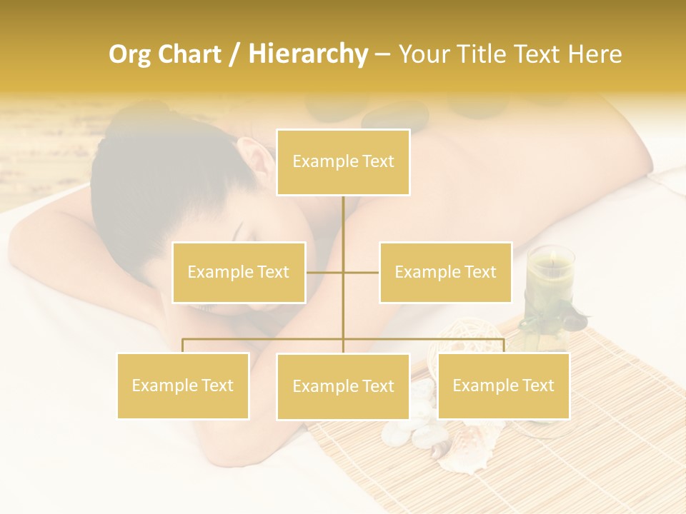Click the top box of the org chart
[x=343, y=162]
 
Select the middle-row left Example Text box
[x=239, y=273]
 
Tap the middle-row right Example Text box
[x=445, y=273]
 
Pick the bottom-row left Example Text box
[x=183, y=386]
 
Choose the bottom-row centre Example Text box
[x=343, y=387]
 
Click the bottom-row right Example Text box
[x=503, y=386]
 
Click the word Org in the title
[x=130, y=55]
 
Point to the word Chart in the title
[x=189, y=54]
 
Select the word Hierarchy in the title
[x=307, y=55]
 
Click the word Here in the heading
[x=595, y=54]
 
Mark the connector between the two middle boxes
[x=343, y=273]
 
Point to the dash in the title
[x=383, y=55]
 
